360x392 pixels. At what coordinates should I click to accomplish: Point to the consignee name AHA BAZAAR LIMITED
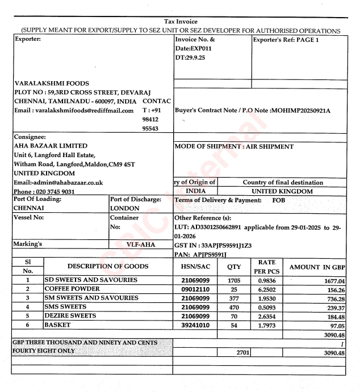tap(43, 146)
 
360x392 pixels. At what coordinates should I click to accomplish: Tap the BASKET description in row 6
tap(57, 325)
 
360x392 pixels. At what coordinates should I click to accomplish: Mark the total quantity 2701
tap(235, 352)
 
